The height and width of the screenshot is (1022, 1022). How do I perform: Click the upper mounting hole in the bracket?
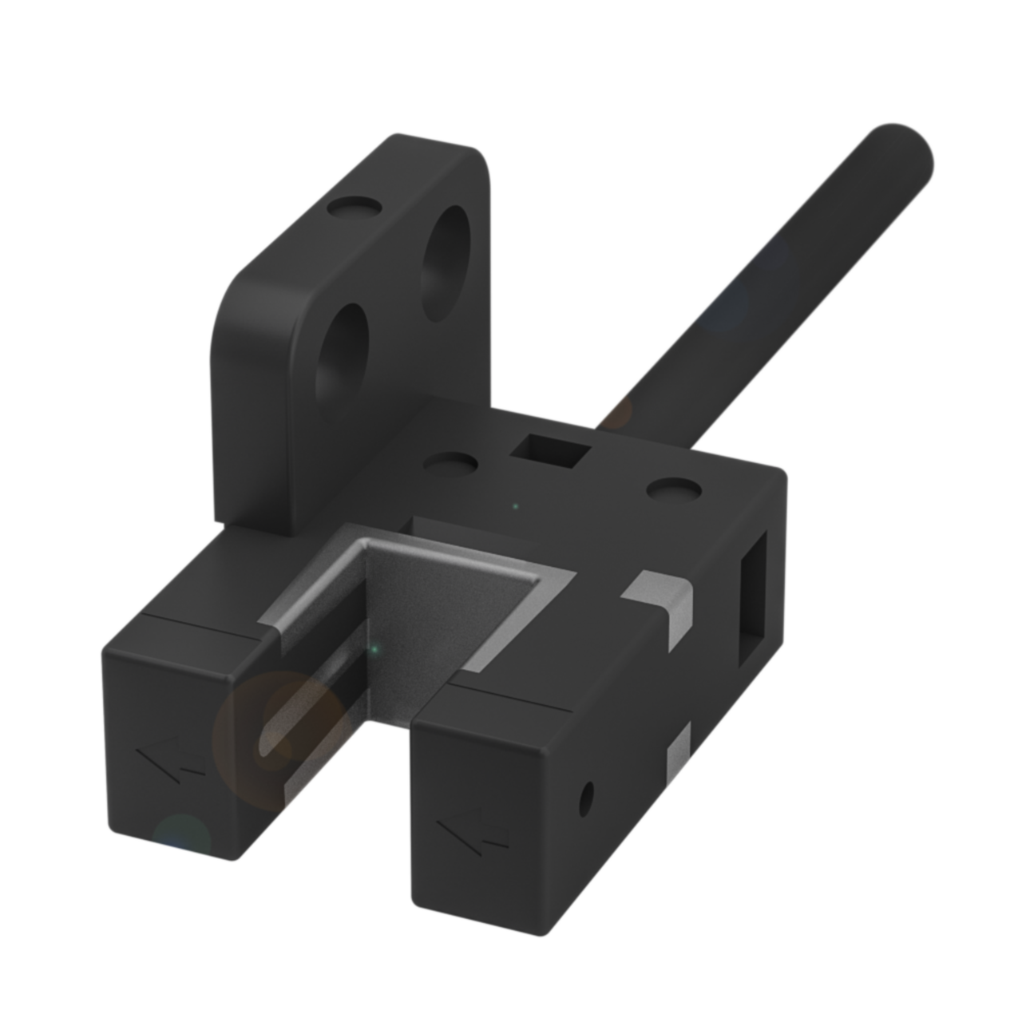[x=446, y=263]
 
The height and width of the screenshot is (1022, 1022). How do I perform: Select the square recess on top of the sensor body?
[x=551, y=452]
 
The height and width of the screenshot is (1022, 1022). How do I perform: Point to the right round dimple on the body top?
[x=672, y=488]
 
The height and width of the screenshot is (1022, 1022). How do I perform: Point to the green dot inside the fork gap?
[x=373, y=650]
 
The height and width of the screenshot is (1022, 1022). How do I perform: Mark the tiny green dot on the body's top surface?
[x=516, y=505]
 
